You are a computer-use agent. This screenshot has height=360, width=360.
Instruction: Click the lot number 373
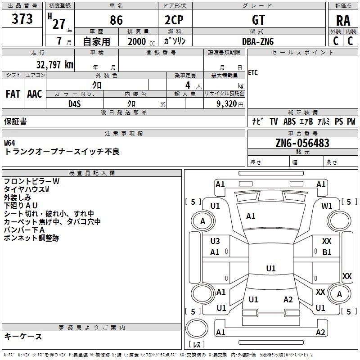click(22, 18)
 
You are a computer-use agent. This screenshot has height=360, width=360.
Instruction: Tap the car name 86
click(116, 20)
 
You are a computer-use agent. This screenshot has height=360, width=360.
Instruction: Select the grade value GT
click(258, 20)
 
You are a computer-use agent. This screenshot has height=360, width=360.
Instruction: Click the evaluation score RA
click(343, 21)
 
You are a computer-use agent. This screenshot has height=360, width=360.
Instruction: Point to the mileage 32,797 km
click(54, 65)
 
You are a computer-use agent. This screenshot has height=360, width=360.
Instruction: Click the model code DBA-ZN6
click(258, 41)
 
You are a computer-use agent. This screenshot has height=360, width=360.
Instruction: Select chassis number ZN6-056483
click(302, 143)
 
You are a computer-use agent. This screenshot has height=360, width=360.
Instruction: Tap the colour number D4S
click(75, 104)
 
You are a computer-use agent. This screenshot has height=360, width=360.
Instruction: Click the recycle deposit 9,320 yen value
click(230, 104)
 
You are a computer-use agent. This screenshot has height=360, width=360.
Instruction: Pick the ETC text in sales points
click(253, 73)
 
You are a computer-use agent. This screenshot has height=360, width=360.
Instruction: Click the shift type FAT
click(13, 94)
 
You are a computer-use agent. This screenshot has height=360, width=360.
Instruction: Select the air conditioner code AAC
click(35, 94)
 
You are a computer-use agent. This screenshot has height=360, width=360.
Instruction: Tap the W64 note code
click(9, 143)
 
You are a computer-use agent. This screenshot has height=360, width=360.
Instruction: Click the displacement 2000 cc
click(141, 41)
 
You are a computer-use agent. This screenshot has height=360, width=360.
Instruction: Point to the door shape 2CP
click(174, 20)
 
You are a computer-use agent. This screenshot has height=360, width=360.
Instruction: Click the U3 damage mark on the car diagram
click(215, 241)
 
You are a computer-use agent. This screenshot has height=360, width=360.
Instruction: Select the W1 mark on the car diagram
click(327, 206)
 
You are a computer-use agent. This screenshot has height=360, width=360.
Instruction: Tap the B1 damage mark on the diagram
click(327, 252)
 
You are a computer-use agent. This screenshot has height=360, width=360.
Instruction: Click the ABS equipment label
click(289, 121)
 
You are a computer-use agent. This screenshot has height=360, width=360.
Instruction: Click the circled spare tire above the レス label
click(197, 328)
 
